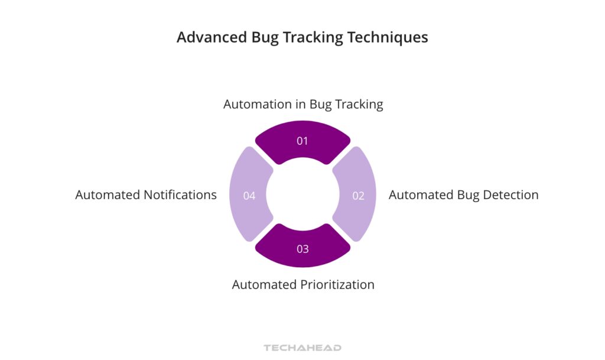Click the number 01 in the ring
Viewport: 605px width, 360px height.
(x=302, y=141)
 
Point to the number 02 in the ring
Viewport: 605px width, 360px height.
(x=358, y=196)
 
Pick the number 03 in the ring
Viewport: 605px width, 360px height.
(x=302, y=249)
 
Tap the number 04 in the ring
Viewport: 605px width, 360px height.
(x=249, y=196)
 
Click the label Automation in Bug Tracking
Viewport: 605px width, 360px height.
(x=303, y=105)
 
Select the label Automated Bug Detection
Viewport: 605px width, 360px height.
(x=463, y=195)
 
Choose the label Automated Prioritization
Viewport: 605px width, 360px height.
(x=303, y=284)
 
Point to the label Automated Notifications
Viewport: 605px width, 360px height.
(x=146, y=195)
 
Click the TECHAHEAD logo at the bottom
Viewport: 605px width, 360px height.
(x=302, y=348)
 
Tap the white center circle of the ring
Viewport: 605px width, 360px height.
(x=302, y=194)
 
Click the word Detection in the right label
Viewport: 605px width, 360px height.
(x=510, y=195)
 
